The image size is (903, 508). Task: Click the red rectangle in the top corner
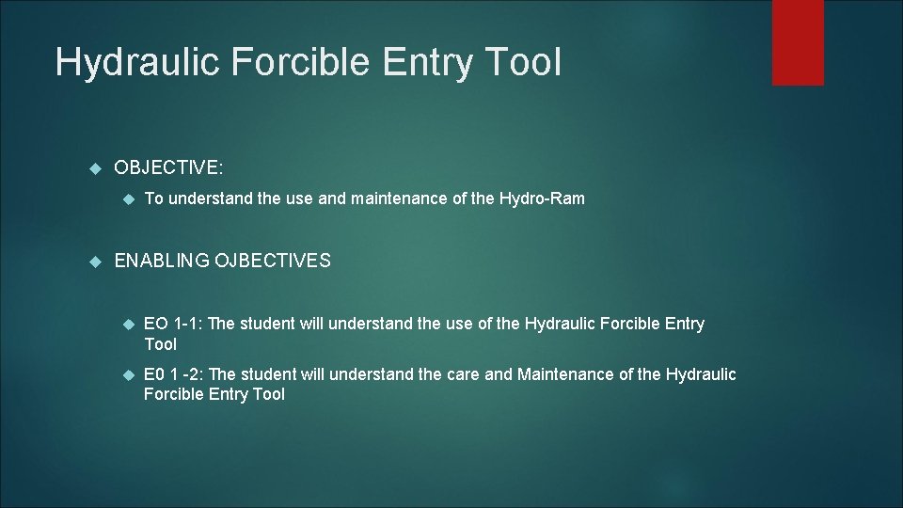(797, 42)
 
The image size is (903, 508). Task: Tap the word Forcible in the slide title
(291, 63)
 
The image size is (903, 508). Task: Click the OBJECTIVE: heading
(168, 167)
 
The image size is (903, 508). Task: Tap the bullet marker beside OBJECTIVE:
(93, 168)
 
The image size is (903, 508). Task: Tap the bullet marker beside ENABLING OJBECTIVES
(93, 262)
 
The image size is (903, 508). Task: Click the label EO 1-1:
(172, 324)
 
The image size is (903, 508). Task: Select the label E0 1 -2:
(174, 375)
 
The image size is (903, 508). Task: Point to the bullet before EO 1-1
(130, 325)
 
